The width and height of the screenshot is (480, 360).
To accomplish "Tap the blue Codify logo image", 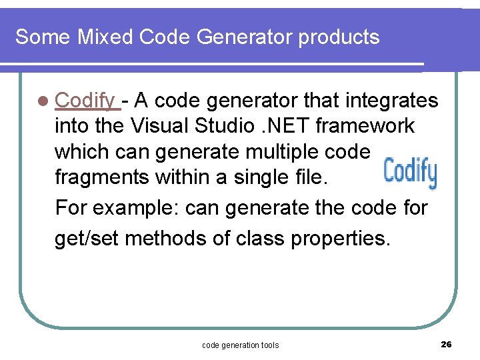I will tap(409, 173).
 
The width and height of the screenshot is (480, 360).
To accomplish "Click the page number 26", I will tap(446, 344).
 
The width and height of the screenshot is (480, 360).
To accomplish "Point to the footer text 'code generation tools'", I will tap(240, 345).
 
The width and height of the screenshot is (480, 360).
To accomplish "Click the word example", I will tap(136, 208).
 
